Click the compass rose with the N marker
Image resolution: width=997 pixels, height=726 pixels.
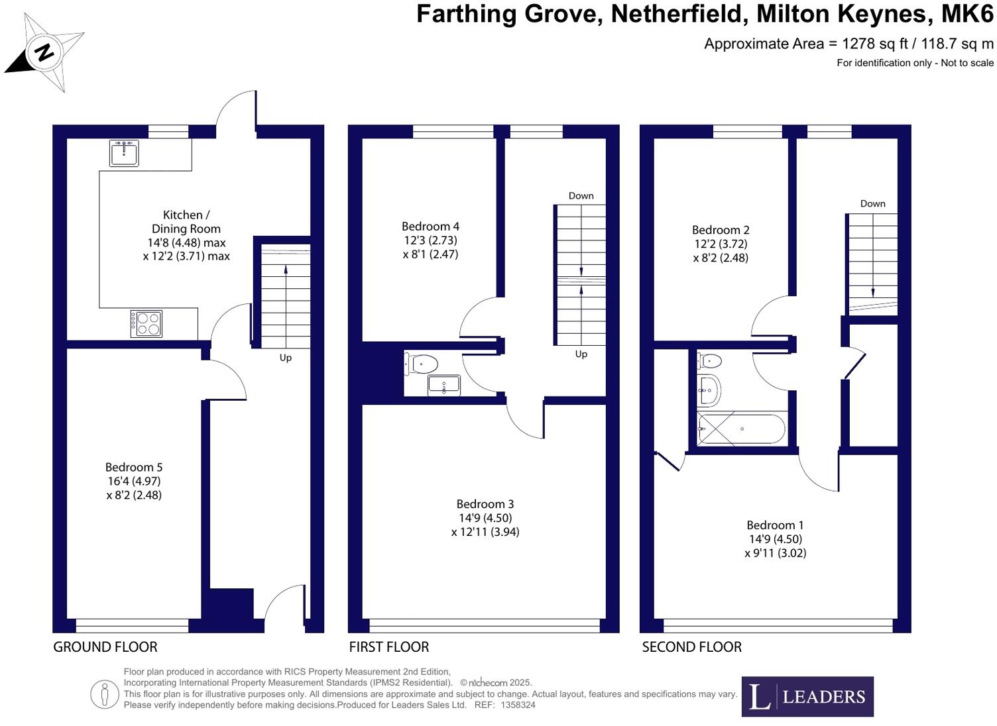pyautogui.click(x=44, y=52)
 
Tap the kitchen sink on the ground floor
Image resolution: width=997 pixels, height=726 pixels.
pyautogui.click(x=124, y=153)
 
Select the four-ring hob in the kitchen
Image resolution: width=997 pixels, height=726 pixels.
pyautogui.click(x=147, y=324)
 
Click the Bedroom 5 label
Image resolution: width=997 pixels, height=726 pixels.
pyautogui.click(x=134, y=468)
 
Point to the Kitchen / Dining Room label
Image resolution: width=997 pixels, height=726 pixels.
pyautogui.click(x=186, y=221)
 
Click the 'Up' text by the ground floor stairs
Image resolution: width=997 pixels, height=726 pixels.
pyautogui.click(x=285, y=358)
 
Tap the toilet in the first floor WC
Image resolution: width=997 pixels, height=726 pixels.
pyautogui.click(x=422, y=363)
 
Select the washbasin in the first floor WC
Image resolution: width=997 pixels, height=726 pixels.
pyautogui.click(x=444, y=384)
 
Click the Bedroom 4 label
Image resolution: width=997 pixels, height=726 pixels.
pyautogui.click(x=430, y=226)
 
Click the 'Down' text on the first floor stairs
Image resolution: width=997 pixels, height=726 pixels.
pyautogui.click(x=581, y=195)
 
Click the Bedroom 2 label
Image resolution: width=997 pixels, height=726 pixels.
pyautogui.click(x=721, y=230)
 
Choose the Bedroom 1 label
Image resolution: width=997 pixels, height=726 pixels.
pyautogui.click(x=775, y=525)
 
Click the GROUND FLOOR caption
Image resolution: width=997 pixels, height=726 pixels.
pyautogui.click(x=105, y=647)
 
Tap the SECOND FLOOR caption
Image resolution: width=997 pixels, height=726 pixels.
pyautogui.click(x=691, y=647)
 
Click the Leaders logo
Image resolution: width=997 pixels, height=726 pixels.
pyautogui.click(x=807, y=696)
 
